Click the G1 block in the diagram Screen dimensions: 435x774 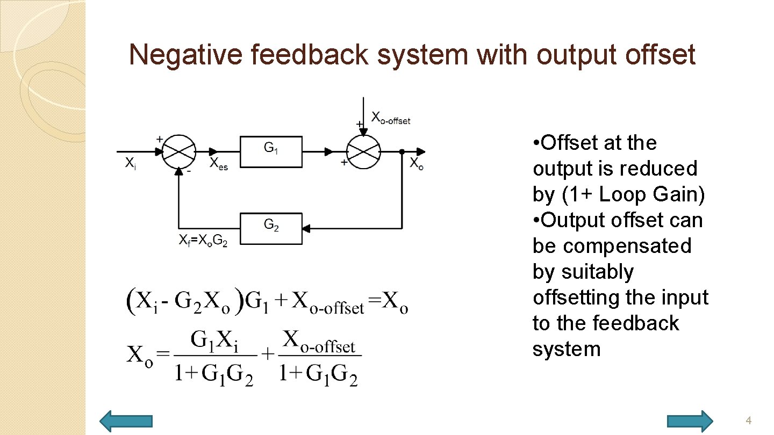click(271, 151)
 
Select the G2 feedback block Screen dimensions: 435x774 click(271, 228)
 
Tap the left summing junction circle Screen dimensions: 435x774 click(179, 151)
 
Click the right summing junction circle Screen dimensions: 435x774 click(363, 151)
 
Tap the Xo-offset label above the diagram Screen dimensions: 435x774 click(391, 118)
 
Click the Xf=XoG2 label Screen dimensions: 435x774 click(203, 242)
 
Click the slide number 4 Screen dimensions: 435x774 click(748, 421)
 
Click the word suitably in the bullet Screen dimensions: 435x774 click(583, 272)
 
